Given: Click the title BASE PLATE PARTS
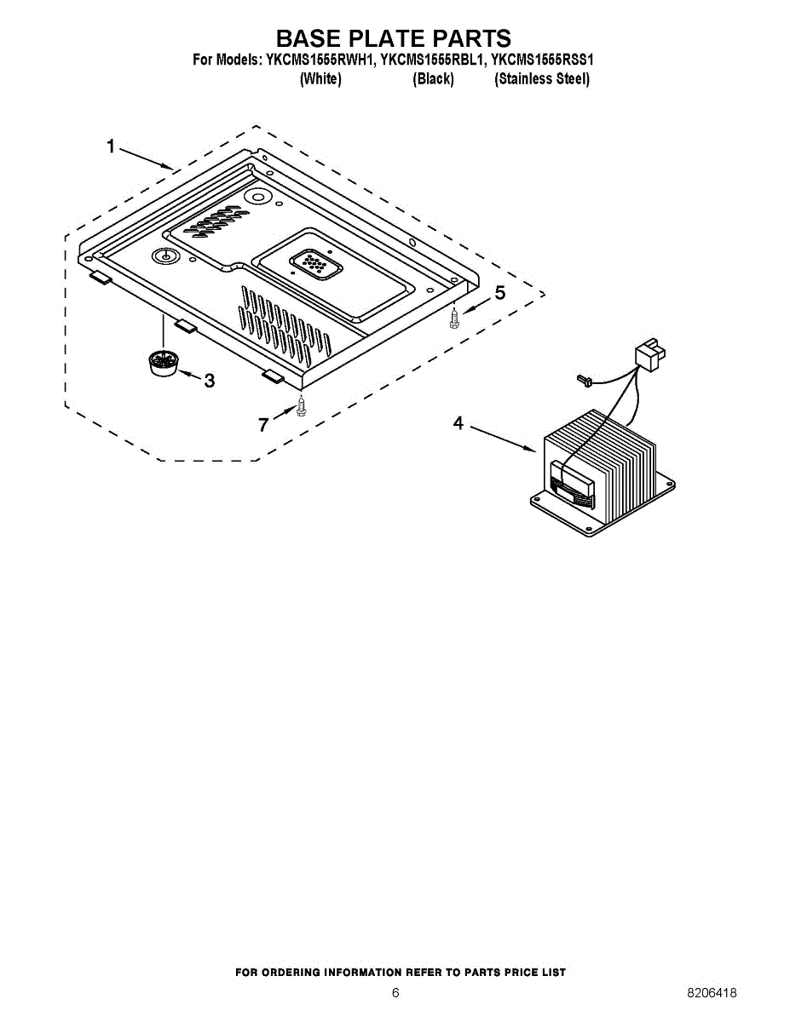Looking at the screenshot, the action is coord(394,38).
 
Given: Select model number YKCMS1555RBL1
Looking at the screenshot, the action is coord(432,60).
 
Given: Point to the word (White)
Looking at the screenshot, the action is coord(320,79).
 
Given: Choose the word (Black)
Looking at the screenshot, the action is coord(433,79).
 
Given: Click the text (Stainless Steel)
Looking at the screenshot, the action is coord(542,79).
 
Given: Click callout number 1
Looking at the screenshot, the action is coord(111,146).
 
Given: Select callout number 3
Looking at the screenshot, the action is coord(209,381).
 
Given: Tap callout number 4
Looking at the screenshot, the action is coord(458,423).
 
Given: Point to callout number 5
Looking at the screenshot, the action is coord(500,294).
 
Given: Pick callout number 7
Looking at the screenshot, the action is coord(263,424).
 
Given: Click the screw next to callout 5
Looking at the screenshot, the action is coord(455,319).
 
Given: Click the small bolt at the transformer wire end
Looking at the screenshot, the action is coord(583,379).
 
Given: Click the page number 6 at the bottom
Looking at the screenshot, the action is coord(395,993).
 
